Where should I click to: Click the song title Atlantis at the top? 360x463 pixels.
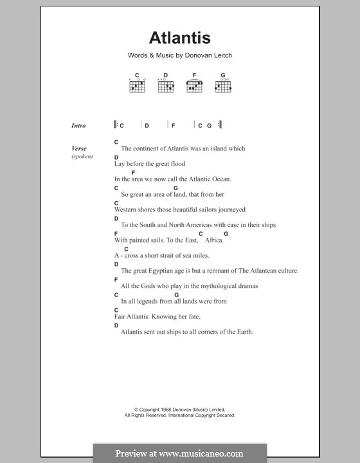click(x=179, y=38)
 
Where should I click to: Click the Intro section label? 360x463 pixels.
click(x=78, y=126)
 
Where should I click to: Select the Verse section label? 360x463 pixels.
click(x=79, y=149)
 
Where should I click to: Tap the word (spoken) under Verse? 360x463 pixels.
click(x=82, y=156)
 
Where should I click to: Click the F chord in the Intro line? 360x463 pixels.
click(x=173, y=126)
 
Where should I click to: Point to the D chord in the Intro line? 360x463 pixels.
click(x=147, y=126)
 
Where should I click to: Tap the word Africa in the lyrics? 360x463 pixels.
click(x=213, y=241)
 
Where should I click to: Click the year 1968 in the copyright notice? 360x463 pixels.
click(x=165, y=410)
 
